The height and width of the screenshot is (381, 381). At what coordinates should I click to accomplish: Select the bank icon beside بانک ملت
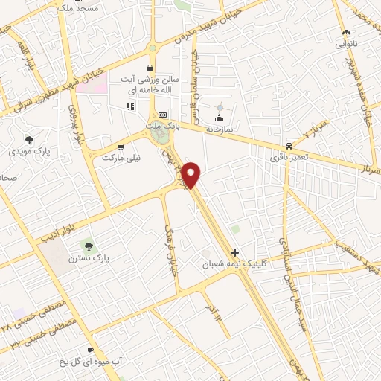pyautogui.click(x=161, y=115)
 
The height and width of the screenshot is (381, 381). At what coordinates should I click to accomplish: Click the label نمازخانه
pyautogui.click(x=220, y=129)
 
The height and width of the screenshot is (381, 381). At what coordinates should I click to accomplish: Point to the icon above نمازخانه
pyautogui.click(x=219, y=118)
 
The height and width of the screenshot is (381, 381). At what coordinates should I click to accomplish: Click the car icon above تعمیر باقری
pyautogui.click(x=289, y=146)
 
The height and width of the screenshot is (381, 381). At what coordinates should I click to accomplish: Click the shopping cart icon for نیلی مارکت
pyautogui.click(x=121, y=147)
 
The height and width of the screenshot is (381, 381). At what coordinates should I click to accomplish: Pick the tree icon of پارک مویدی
pyautogui.click(x=29, y=139)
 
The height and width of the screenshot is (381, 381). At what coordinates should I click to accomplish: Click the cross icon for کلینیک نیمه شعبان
pyautogui.click(x=235, y=253)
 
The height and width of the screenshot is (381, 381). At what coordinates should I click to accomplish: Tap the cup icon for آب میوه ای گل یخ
pyautogui.click(x=90, y=350)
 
